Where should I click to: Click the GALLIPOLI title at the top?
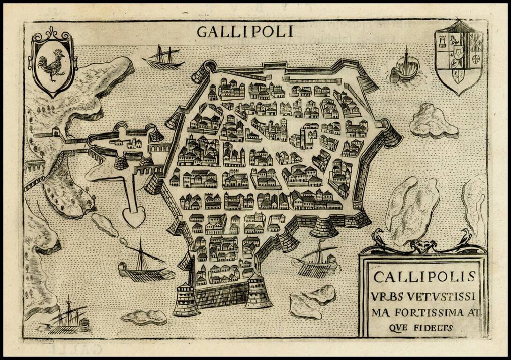pyautogui.click(x=245, y=31)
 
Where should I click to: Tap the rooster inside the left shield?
pyautogui.click(x=52, y=65)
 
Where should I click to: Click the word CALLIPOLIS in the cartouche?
pyautogui.click(x=424, y=277)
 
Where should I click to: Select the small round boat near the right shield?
pyautogui.click(x=406, y=68)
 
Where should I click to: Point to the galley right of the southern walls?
pyautogui.click(x=317, y=262)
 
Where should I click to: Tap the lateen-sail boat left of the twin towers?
pyautogui.click(x=141, y=267)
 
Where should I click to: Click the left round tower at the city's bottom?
pyautogui.click(x=187, y=300)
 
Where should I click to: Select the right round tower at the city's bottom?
pyautogui.click(x=258, y=292)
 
